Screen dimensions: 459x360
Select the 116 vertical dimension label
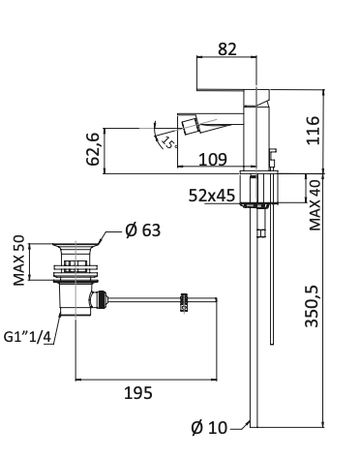[x=313, y=129]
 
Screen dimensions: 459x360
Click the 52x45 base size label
[x=213, y=196]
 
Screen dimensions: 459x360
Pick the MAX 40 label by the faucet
[x=315, y=204]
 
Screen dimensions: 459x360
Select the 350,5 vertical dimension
[x=313, y=305]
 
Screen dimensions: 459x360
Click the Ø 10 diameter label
[x=212, y=427]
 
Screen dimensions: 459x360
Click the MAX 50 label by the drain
[x=19, y=260]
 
